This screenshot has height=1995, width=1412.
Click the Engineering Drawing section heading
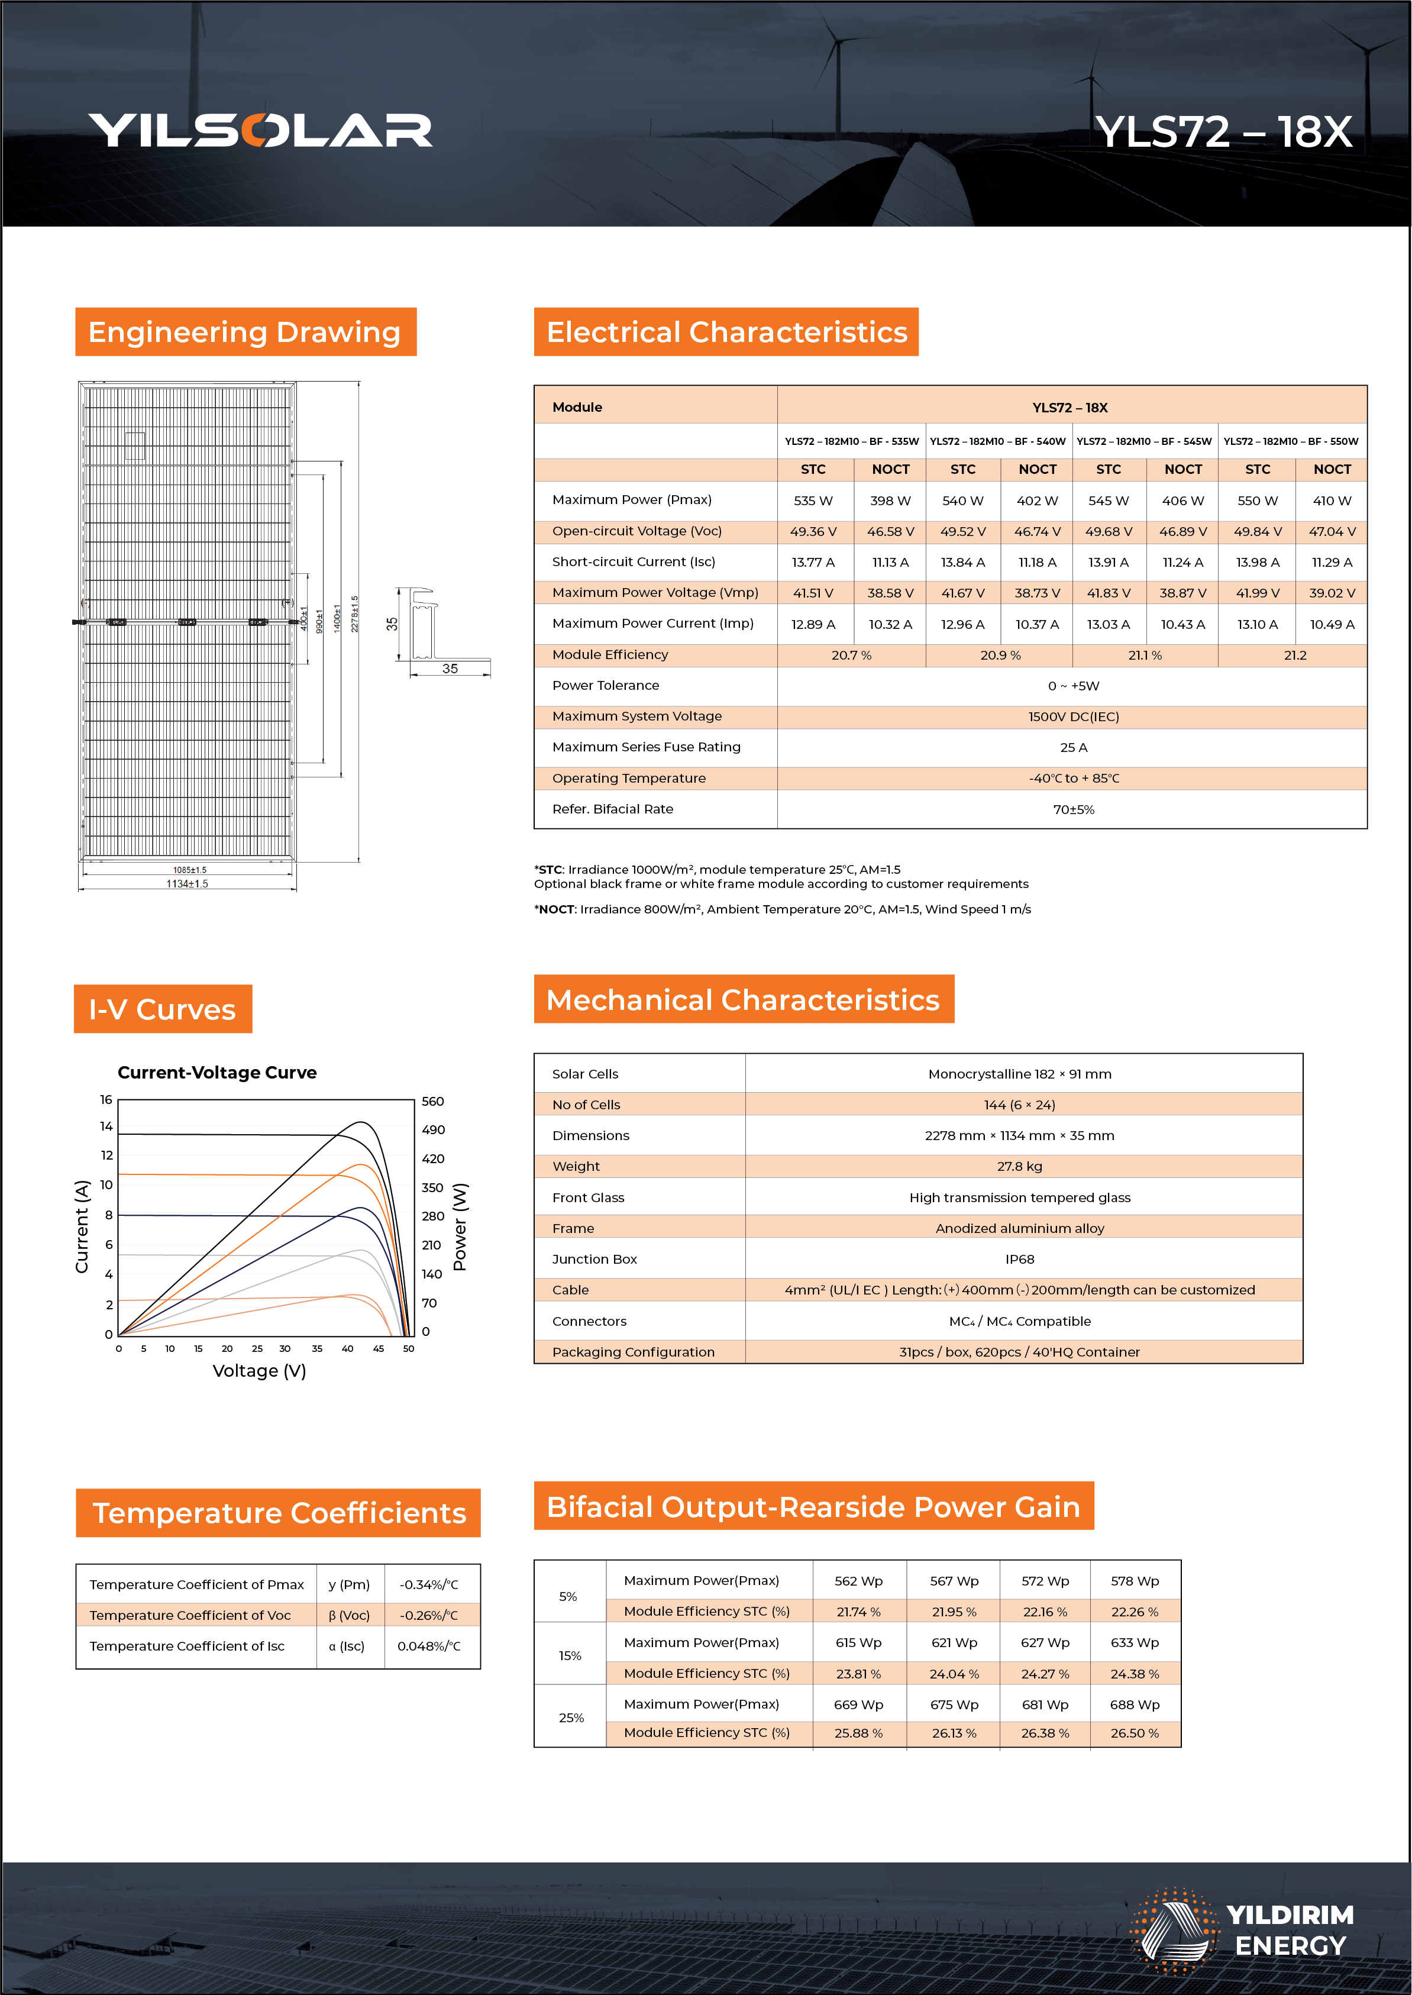click(245, 332)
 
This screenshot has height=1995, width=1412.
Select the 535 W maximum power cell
click(813, 501)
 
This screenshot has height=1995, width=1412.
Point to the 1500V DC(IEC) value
click(1073, 716)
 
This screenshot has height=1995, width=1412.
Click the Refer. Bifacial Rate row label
click(612, 809)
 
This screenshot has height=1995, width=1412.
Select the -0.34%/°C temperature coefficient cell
click(429, 1584)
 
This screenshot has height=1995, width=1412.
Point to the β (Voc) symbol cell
click(350, 1615)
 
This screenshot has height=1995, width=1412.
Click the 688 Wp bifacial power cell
click(1134, 1705)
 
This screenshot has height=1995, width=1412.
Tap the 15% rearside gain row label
click(570, 1656)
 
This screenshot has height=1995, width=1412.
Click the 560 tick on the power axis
click(432, 1102)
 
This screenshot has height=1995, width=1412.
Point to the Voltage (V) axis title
click(259, 1371)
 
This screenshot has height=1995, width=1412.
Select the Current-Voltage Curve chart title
click(217, 1072)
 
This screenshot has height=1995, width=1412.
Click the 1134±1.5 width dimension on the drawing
click(187, 883)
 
